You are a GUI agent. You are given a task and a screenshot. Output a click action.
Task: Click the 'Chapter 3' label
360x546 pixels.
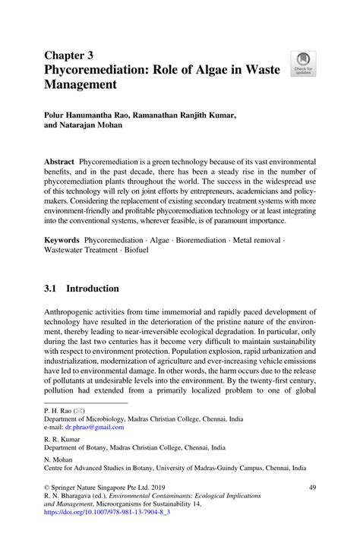[x=69, y=55]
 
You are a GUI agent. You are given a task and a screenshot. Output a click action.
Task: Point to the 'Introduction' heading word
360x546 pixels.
[x=93, y=289]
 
